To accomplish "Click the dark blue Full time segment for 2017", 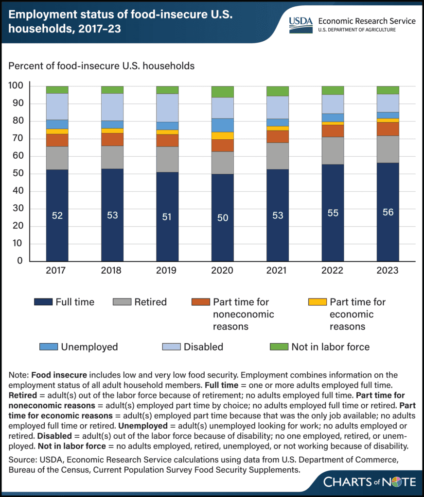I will point(57,215).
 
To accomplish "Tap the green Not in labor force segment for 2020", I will point(222,92).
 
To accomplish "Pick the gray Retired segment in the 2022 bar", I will point(333,150).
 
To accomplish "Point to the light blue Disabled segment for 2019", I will point(167,108).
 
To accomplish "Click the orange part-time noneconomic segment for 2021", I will point(277,136).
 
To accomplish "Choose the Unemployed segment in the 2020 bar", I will point(222,125).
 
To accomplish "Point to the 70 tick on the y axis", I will point(19,139).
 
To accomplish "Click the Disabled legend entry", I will point(203,347).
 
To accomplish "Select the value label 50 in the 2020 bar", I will point(222,218).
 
